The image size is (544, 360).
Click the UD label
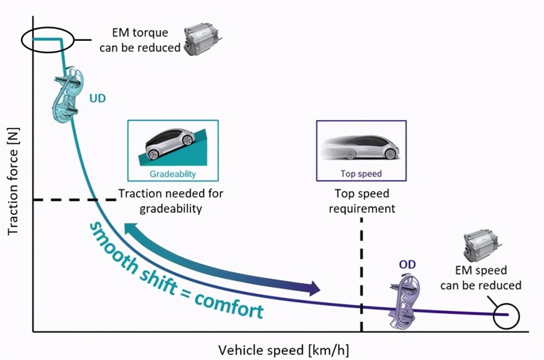(x=97, y=98)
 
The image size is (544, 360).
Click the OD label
(x=407, y=265)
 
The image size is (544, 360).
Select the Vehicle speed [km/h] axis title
(x=283, y=350)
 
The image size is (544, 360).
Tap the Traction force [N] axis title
(x=13, y=182)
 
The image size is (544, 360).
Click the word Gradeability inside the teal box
(x=173, y=174)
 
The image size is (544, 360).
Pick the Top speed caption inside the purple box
(x=361, y=173)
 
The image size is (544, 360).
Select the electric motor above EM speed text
(x=482, y=246)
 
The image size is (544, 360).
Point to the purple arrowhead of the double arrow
(x=314, y=288)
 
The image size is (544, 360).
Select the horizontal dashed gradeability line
(x=75, y=200)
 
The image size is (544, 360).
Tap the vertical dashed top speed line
(x=362, y=274)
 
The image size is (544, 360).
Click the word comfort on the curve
(x=229, y=305)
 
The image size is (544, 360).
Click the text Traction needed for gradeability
(x=171, y=201)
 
